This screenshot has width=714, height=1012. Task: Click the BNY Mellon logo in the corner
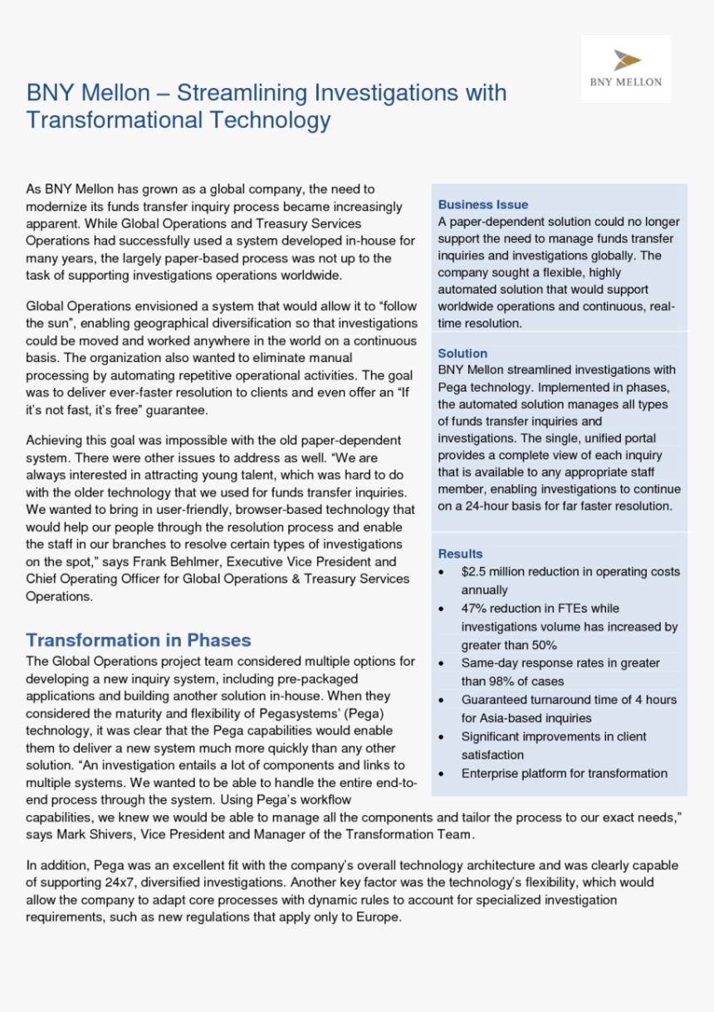coord(626,68)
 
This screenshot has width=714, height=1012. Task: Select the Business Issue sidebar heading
coord(483,204)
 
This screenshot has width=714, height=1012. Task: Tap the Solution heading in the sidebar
coord(462,353)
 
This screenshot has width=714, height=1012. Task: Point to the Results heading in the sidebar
coord(460,554)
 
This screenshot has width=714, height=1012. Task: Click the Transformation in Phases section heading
coord(138,640)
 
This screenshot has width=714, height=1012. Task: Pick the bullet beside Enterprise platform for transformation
coord(440,774)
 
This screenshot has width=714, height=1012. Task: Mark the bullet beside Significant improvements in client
coord(440,737)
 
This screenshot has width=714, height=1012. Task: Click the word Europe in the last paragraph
coord(380,917)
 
